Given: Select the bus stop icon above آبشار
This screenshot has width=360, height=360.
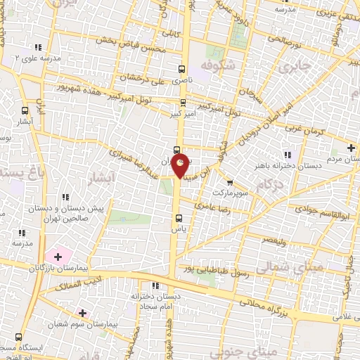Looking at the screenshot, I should coord(25,110).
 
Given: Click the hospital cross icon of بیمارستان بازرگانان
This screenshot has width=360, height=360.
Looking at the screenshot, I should coord(58,257).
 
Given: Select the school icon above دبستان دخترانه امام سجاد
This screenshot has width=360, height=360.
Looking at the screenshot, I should coord(155,285).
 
